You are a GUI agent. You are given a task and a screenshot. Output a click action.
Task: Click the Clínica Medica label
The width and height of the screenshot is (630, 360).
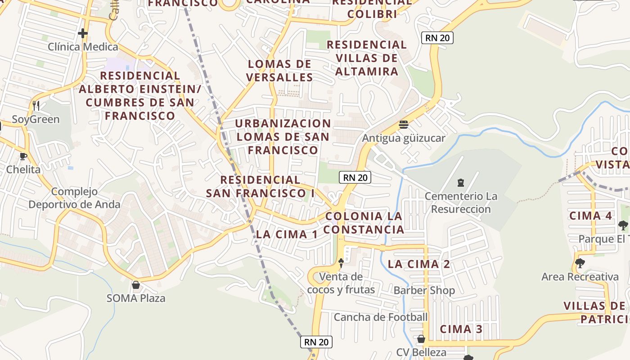click(x=83, y=47)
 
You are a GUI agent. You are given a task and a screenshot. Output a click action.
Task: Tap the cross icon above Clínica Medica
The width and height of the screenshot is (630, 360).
click(x=82, y=33)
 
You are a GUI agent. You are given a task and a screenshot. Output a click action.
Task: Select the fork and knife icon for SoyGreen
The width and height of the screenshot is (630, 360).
click(x=36, y=106)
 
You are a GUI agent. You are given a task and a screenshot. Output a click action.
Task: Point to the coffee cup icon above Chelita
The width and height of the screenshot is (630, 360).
click(x=23, y=156)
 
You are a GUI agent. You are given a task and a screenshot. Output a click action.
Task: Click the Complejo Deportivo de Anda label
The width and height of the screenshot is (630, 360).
click(x=74, y=198)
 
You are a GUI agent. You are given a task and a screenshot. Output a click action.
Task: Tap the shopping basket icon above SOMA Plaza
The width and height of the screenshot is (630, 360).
click(x=135, y=285)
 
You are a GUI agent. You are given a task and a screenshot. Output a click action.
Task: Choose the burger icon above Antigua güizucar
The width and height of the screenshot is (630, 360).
click(x=403, y=125)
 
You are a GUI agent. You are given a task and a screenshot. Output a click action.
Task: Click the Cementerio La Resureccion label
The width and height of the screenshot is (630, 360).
click(x=461, y=202)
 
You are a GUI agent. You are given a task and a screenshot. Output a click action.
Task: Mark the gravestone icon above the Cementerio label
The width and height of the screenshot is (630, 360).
click(x=460, y=183)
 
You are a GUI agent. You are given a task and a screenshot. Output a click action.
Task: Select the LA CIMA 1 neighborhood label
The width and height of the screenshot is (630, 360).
click(x=287, y=234)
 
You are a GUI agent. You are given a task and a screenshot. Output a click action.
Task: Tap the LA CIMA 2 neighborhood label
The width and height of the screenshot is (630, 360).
click(x=418, y=264)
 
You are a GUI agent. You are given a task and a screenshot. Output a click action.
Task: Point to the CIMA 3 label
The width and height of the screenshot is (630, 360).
click(x=461, y=329)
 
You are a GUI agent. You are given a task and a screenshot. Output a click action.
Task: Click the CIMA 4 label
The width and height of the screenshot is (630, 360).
click(x=590, y=216)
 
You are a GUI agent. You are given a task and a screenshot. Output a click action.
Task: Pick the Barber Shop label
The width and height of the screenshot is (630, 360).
click(x=424, y=290)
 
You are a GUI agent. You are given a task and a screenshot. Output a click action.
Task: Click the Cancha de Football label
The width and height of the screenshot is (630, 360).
click(x=380, y=317)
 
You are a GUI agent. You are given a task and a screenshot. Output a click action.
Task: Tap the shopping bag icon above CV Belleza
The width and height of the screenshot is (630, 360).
click(x=421, y=339)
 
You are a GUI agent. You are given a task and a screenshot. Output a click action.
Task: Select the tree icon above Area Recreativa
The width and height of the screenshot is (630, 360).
click(x=580, y=263)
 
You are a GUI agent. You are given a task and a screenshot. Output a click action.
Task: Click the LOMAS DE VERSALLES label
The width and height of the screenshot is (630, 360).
click(x=279, y=71)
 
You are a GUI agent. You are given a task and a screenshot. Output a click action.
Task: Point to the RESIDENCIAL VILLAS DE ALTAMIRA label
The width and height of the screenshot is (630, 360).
click(x=367, y=58)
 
